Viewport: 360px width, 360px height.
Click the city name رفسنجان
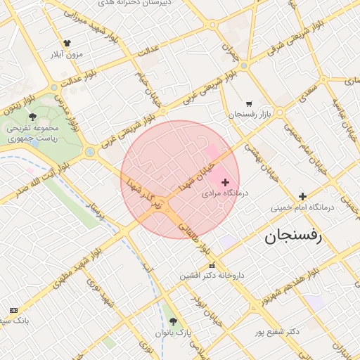[x=292, y=237]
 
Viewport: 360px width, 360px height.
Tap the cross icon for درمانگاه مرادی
[x=225, y=182]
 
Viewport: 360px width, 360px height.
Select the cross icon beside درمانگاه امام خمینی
[x=302, y=196]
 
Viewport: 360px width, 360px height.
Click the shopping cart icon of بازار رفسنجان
[x=249, y=103]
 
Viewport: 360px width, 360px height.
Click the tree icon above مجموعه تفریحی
[x=32, y=117]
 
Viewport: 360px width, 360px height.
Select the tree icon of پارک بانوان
[x=174, y=321]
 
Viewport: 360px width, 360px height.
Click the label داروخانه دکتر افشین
[x=212, y=276]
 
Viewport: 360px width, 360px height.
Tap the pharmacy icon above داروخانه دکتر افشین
[x=212, y=265]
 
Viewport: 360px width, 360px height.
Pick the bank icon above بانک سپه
[x=14, y=310]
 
